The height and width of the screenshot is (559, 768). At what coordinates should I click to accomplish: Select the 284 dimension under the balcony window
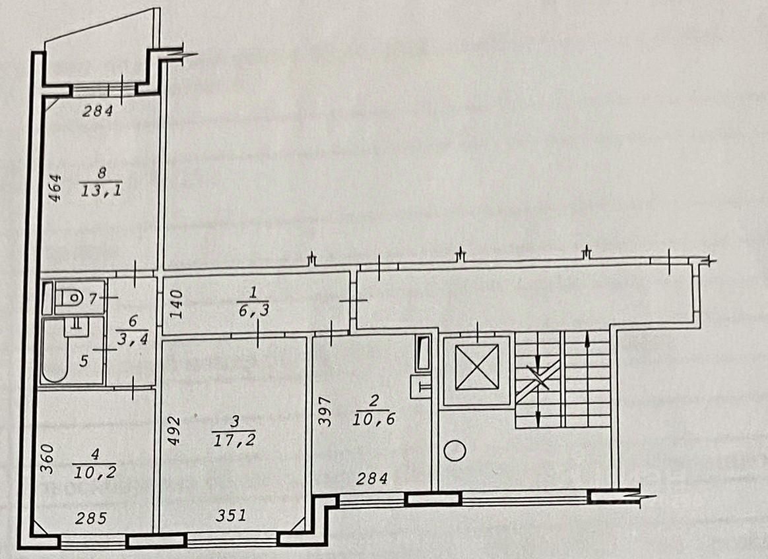click(98, 111)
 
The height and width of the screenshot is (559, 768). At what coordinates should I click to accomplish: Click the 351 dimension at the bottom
click(231, 515)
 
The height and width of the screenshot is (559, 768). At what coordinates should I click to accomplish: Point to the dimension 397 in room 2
click(324, 412)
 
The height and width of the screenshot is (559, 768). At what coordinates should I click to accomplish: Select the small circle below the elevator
click(456, 452)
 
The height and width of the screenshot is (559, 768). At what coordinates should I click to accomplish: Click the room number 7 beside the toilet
click(93, 298)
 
